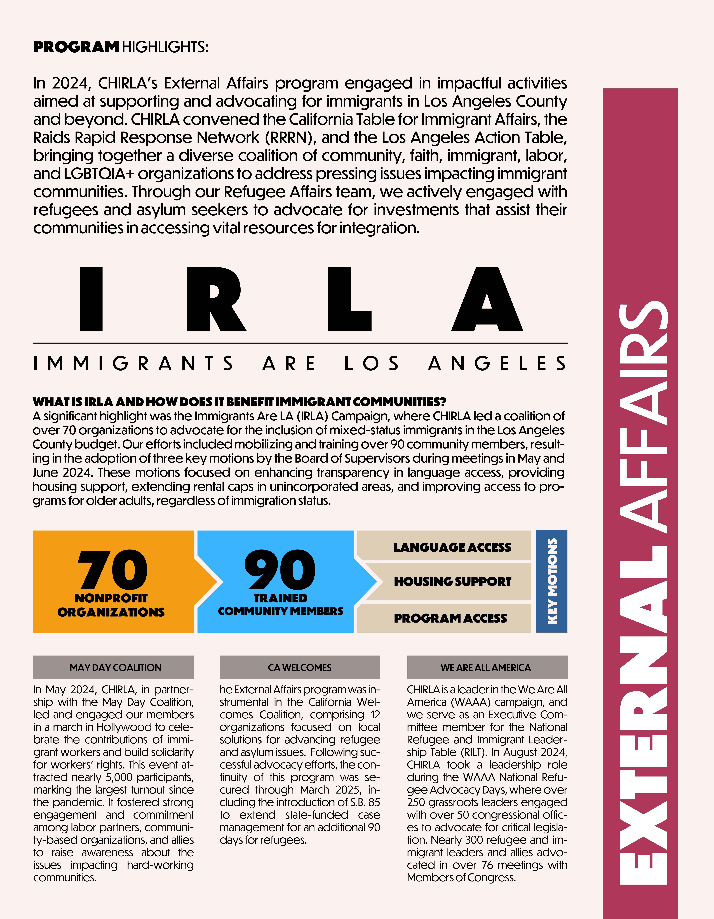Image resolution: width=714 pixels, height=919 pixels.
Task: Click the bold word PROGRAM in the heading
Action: (76, 47)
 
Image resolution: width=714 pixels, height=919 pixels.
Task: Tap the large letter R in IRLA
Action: (216, 299)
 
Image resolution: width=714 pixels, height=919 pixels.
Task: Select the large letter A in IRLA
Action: (487, 299)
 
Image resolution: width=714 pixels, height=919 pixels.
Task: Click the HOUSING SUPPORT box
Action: (452, 581)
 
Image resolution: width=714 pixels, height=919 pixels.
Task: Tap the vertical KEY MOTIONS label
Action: (552, 581)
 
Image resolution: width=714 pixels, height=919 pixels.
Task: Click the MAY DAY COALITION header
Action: (115, 667)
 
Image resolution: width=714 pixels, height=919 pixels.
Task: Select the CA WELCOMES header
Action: (300, 667)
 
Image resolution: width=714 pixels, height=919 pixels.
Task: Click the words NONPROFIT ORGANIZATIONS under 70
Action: (111, 605)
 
